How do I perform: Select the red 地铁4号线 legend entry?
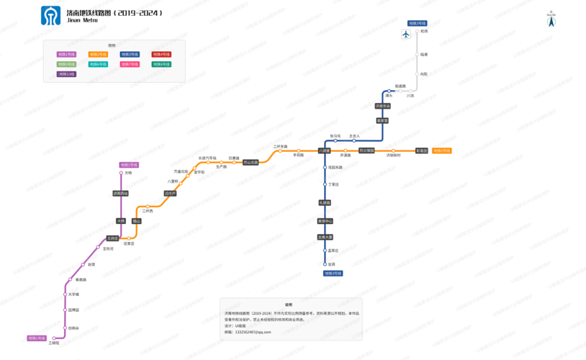[161, 54]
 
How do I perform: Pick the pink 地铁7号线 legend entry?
[130, 64]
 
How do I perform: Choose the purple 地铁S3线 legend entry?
[66, 74]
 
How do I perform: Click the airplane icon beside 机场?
[406, 35]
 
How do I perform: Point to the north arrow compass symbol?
[551, 21]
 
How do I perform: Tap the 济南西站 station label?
[120, 194]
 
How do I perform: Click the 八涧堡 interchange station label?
[325, 151]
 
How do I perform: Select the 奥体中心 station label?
[325, 221]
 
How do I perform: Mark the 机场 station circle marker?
[415, 31]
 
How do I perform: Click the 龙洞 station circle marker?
[325, 264]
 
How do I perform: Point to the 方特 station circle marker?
[121, 173]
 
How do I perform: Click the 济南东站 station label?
[382, 106]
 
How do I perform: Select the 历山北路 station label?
[250, 162]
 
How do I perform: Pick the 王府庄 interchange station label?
[112, 238]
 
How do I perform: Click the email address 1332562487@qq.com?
[253, 332]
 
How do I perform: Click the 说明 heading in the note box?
[289, 305]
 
